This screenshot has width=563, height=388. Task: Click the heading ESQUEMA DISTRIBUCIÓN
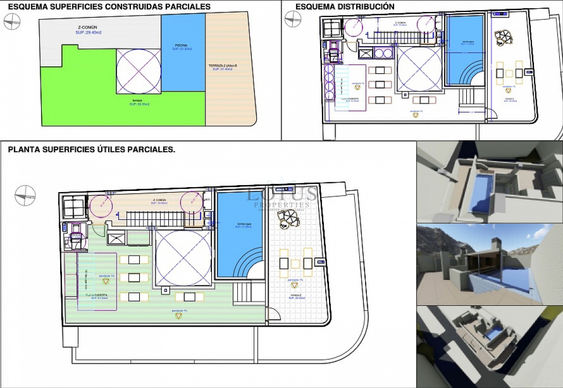[345, 6]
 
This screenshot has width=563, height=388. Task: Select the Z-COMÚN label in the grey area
[87, 28]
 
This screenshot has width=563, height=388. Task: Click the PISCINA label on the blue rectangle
[181, 45]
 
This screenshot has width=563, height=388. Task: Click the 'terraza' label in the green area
[135, 100]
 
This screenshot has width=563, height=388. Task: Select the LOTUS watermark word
[281, 194]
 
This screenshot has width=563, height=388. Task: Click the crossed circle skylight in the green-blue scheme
[138, 71]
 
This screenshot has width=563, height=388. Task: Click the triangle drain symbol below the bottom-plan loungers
[178, 316]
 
